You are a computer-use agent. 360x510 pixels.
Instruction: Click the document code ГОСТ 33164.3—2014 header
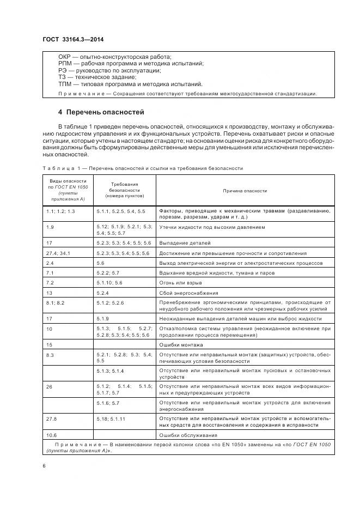click(x=73, y=40)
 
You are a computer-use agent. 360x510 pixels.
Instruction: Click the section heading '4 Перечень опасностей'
click(x=101, y=113)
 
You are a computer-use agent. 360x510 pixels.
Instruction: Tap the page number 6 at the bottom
click(x=44, y=466)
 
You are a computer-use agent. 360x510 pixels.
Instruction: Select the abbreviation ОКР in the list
click(x=65, y=57)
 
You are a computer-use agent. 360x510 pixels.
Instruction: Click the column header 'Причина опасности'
click(x=245, y=191)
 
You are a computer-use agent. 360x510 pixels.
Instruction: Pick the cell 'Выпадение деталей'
click(x=185, y=242)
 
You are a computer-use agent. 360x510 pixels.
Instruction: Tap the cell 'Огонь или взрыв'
click(x=180, y=283)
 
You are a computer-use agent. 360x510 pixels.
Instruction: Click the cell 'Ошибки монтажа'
click(x=180, y=345)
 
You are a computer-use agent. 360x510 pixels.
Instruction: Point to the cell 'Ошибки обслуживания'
click(x=188, y=435)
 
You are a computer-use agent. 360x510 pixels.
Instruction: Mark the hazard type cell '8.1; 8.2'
click(x=55, y=302)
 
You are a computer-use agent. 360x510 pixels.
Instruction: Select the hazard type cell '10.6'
click(x=52, y=435)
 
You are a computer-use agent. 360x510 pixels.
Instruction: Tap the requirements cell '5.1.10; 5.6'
click(x=109, y=283)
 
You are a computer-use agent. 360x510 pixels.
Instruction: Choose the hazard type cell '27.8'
click(x=52, y=418)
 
